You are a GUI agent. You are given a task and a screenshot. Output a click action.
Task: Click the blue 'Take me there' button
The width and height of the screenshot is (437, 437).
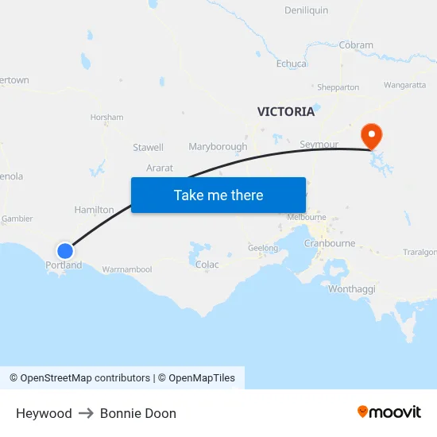coord(218,195)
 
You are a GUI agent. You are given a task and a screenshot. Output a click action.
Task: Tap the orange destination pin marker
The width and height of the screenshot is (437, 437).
coord(371,135)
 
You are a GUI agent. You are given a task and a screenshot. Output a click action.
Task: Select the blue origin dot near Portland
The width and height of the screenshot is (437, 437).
coord(65,250)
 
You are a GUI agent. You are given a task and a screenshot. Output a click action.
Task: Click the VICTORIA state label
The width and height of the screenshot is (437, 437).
coord(285,111)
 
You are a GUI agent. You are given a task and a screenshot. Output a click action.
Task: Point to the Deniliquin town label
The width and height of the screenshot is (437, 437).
coord(306,10)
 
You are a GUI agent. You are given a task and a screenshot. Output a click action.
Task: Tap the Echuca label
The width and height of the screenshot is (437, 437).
coord(292,64)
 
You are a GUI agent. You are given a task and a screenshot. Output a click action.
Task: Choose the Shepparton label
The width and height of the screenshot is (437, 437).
coord(338,87)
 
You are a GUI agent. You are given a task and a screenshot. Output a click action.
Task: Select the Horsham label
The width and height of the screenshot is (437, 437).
coord(107,118)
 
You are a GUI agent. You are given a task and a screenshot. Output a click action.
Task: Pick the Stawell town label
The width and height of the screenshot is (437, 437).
coord(148,147)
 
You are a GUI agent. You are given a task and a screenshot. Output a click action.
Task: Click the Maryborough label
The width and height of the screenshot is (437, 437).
coord(218,147)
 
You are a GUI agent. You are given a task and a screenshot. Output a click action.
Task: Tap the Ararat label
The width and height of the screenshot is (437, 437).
coord(159,168)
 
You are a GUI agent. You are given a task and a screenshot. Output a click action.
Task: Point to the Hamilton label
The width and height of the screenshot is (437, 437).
coord(94,210)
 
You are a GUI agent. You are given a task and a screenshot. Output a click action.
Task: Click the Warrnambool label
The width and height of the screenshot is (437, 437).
coord(126,269)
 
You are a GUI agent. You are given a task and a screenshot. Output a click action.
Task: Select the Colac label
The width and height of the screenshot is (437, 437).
coord(207,265)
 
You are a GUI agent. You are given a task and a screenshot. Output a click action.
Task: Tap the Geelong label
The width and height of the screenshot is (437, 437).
coord(263,248)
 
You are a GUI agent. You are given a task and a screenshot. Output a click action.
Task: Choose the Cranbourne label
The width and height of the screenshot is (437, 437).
coord(329,243)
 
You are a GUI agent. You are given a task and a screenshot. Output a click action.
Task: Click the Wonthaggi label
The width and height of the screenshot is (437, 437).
coord(351,289)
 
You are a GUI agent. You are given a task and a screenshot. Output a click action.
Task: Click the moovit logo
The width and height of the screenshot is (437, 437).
coord(389,412)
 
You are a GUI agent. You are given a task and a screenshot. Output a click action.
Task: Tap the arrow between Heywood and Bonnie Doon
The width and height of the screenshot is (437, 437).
coord(86,413)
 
